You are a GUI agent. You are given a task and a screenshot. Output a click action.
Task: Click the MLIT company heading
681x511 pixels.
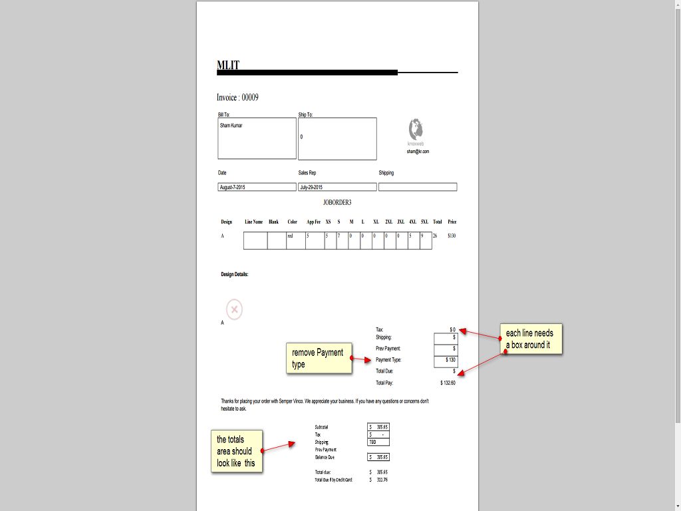tap(228, 65)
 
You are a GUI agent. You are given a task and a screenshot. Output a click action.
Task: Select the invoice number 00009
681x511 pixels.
tap(249, 98)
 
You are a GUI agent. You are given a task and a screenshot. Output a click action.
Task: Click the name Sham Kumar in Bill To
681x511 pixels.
tap(231, 125)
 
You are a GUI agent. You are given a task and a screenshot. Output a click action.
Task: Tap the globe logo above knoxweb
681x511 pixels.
tap(416, 128)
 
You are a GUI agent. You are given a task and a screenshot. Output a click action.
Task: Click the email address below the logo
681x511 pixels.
tap(418, 152)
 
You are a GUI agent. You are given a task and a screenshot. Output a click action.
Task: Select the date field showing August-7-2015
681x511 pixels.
tap(257, 188)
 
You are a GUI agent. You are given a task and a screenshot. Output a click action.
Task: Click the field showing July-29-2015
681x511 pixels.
tap(337, 188)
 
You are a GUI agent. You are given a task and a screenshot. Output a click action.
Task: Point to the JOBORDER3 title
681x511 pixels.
tap(337, 202)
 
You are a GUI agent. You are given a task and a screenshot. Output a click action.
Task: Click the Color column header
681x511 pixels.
tap(293, 222)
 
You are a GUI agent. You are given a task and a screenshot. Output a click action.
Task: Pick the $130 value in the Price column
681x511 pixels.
tap(452, 236)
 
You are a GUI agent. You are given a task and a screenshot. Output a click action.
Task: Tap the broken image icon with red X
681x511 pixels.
tap(234, 309)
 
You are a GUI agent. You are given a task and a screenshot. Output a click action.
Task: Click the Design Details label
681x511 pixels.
tap(235, 274)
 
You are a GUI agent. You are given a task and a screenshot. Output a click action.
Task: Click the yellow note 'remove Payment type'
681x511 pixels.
tap(319, 358)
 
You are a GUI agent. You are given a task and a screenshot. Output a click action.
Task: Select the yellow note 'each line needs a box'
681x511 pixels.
tap(531, 339)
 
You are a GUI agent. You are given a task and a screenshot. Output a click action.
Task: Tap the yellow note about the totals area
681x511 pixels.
tap(237, 451)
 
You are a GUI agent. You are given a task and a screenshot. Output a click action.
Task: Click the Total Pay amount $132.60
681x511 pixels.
tap(448, 383)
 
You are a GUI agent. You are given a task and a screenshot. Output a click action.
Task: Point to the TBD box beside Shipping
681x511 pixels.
tap(378, 442)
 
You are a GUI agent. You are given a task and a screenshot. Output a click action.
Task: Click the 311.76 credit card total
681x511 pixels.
tap(381, 480)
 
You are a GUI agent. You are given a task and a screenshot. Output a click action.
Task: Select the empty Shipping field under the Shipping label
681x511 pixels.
tap(418, 187)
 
